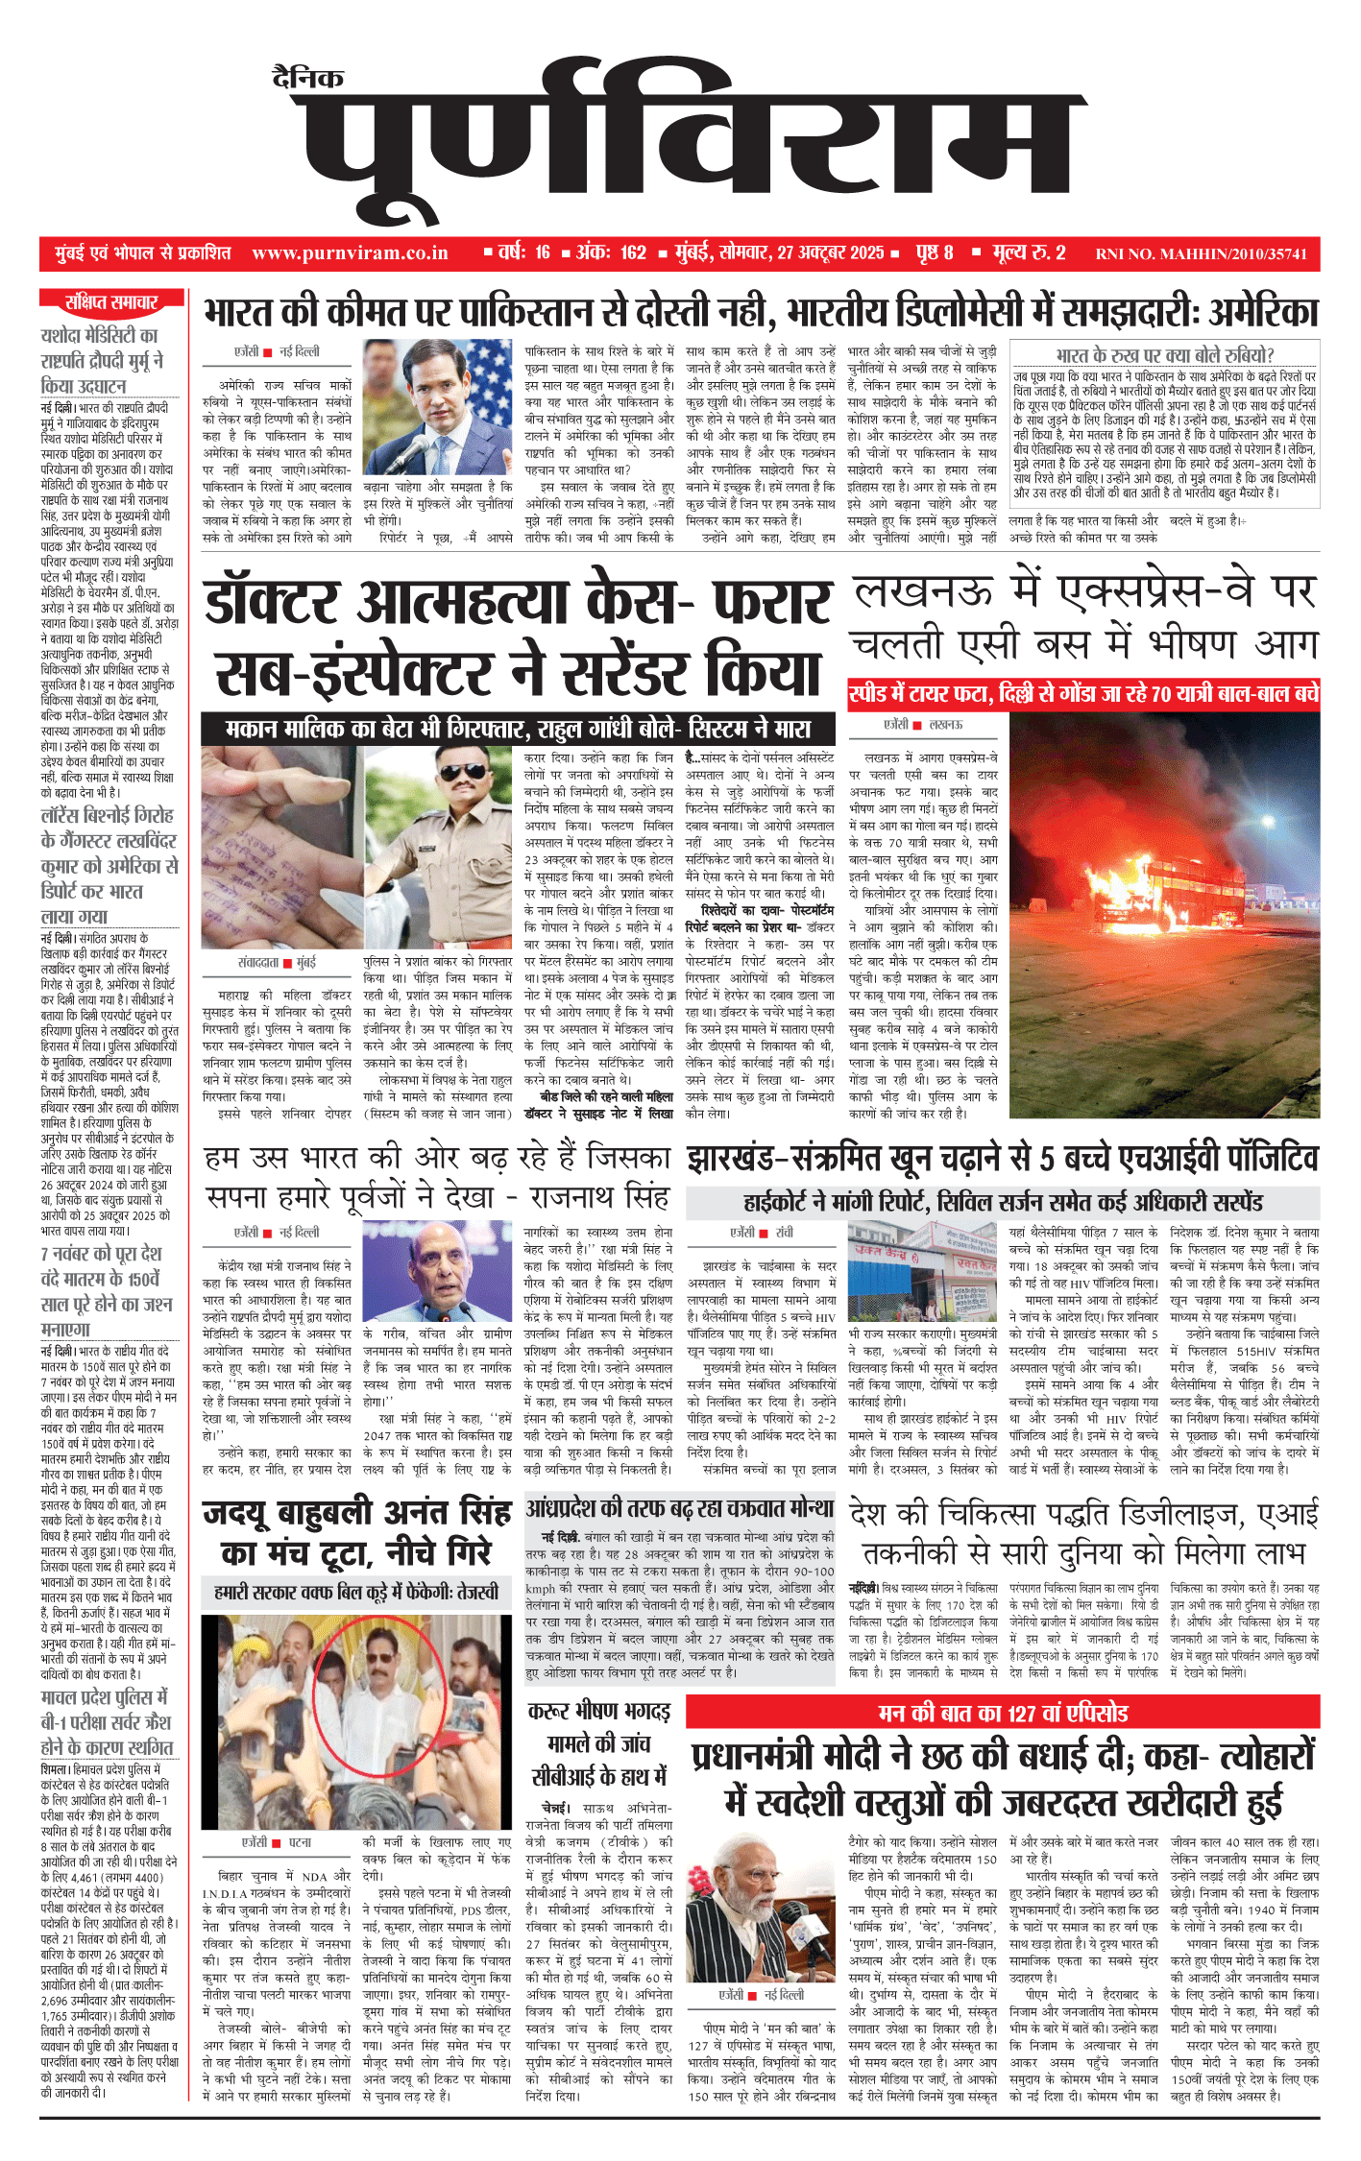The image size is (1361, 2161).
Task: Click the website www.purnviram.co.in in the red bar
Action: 350,253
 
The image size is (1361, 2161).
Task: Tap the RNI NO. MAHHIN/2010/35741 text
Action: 1201,254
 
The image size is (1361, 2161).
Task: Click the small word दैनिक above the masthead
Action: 307,79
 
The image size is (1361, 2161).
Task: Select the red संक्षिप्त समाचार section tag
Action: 111,302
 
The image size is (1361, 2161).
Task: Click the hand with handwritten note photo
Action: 280,847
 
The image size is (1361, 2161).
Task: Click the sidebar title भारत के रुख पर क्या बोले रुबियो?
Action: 1164,355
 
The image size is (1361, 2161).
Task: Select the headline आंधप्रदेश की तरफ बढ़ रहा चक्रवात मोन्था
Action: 680,1507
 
